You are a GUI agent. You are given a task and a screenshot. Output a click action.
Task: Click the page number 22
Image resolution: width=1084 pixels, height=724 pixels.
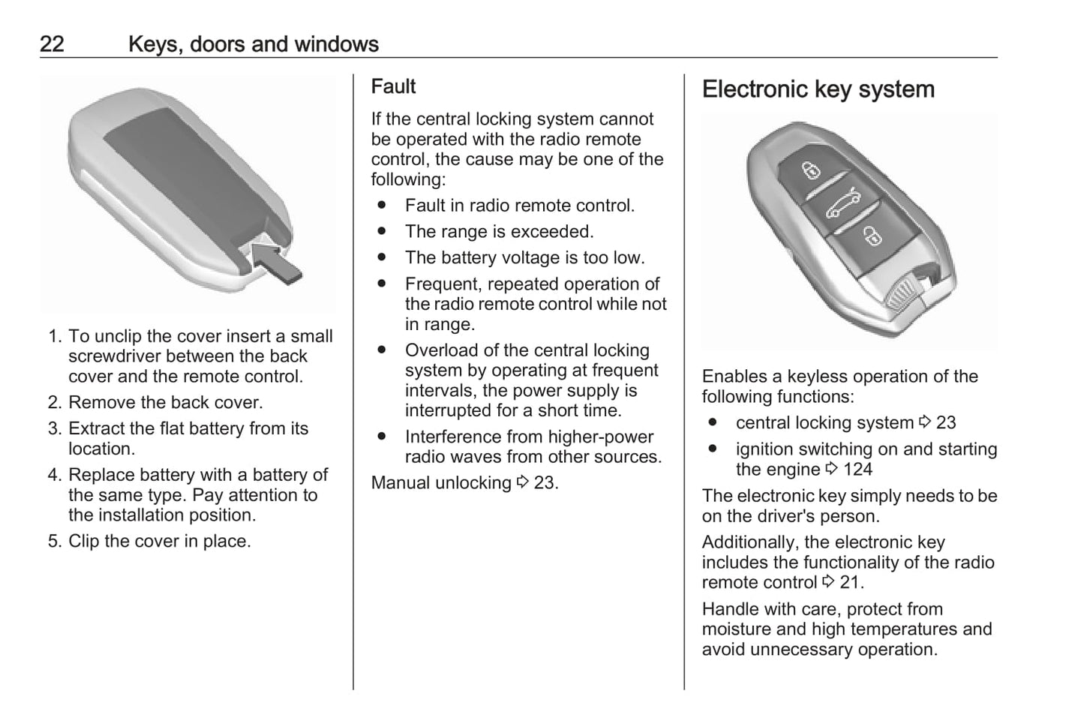[x=52, y=44]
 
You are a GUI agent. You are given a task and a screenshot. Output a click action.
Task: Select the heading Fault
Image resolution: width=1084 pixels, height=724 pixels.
[x=393, y=86]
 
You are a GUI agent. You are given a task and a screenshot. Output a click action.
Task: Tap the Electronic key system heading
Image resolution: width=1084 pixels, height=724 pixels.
[x=818, y=89]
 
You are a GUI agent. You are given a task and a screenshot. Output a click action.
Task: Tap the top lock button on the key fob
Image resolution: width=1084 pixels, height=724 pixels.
[x=812, y=170]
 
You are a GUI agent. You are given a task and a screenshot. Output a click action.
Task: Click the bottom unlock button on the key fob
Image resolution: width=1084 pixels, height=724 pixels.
[x=872, y=236]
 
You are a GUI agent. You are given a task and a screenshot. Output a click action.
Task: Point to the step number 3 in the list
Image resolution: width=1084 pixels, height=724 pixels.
[x=54, y=428]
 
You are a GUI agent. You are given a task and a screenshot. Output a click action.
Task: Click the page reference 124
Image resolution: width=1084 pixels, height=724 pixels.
[x=857, y=470]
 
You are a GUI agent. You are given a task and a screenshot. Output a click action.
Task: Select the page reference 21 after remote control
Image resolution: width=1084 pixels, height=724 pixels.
[x=849, y=582]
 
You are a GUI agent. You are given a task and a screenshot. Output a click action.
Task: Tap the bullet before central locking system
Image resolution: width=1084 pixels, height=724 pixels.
[x=713, y=422]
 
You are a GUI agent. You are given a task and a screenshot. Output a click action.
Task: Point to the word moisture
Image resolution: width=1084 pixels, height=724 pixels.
[x=737, y=629]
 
